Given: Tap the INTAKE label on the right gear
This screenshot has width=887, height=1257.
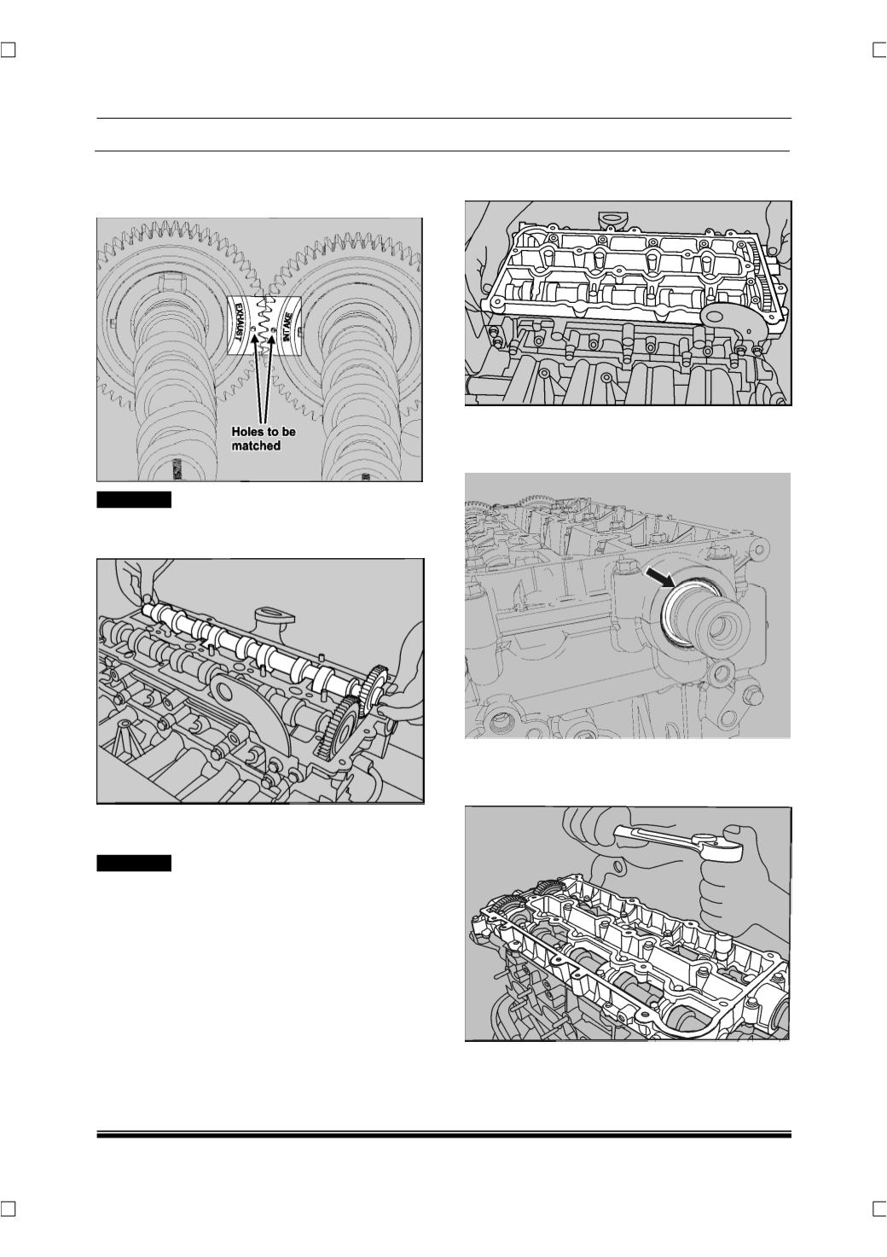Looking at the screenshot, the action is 287,327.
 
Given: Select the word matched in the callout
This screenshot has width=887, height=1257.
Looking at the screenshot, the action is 256,445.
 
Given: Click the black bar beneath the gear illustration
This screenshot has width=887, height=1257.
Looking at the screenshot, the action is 134,499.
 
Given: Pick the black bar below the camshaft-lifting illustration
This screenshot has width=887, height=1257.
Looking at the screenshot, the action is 134,863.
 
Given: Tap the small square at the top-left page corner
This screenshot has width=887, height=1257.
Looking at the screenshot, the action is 8,50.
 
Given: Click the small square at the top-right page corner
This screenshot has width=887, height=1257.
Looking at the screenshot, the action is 879,50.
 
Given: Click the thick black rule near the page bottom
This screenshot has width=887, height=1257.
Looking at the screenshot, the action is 444,1134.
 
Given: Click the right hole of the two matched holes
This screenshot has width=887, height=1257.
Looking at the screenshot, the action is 272,331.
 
